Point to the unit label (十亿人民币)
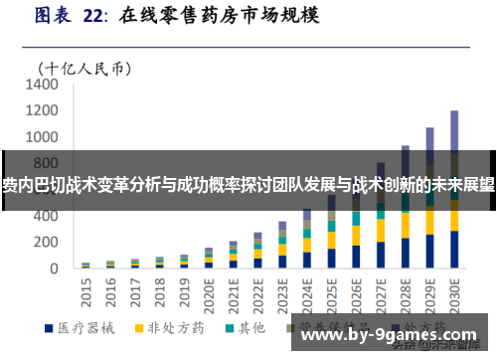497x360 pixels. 84,68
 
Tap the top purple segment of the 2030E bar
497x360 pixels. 454,129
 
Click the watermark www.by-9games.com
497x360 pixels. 391,338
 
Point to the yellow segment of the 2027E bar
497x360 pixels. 380,229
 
